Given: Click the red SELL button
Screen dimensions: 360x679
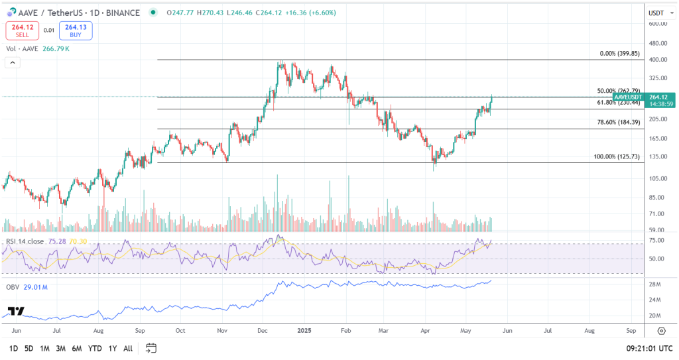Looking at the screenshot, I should [23, 30].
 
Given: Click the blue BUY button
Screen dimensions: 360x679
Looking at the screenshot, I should [76, 30].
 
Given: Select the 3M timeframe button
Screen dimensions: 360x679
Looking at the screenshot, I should [60, 348].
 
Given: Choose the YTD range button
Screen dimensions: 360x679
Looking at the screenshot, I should [94, 348].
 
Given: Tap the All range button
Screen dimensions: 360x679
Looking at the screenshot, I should [128, 348].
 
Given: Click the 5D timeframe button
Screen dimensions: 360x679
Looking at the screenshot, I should [29, 348].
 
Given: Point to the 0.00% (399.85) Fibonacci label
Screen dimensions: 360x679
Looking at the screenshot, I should [619, 53].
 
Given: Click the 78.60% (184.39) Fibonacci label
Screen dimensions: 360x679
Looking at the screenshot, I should [617, 122].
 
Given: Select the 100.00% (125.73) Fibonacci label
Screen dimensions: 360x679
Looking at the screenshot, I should [616, 157].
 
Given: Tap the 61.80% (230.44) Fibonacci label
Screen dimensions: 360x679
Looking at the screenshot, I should [618, 103].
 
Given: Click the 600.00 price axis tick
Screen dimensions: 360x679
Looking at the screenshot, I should [657, 24].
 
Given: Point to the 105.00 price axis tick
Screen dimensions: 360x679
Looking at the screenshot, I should [657, 178].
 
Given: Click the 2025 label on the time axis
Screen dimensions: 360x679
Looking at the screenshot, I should [304, 330].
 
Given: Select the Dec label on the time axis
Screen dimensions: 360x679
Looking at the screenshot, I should [263, 330].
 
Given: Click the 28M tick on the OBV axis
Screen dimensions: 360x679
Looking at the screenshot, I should [655, 284].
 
